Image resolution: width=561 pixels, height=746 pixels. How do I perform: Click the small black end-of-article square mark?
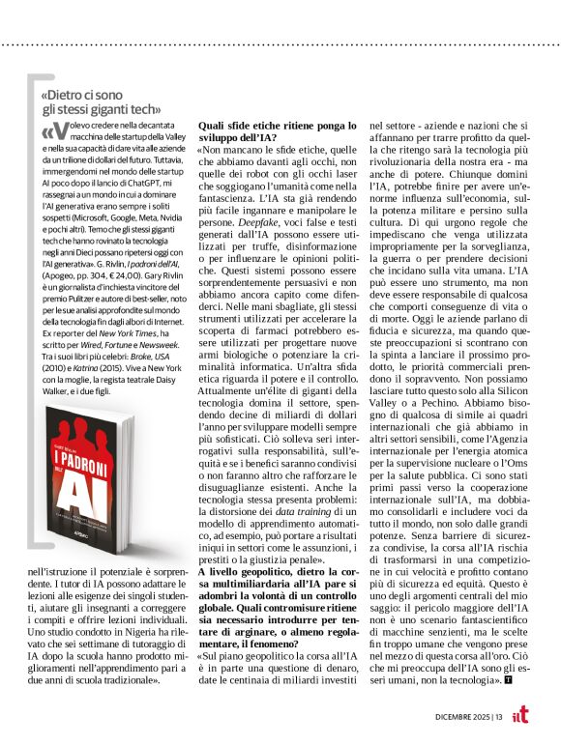(509, 681)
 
